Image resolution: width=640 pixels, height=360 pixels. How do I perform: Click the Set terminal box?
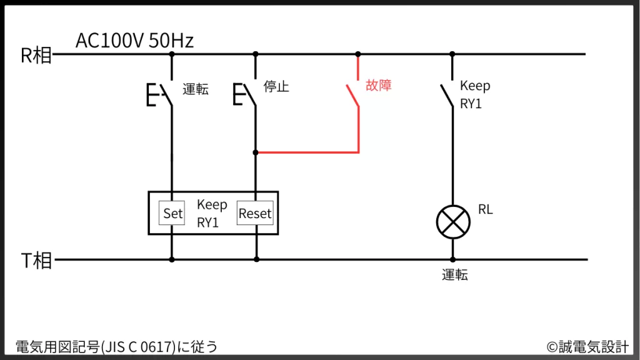172,213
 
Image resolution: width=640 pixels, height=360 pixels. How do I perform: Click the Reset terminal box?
255,213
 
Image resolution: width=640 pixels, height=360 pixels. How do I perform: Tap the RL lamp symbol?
452,222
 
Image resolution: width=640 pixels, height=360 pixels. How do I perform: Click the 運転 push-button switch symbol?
161,96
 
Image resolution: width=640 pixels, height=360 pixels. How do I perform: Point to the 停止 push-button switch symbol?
246,96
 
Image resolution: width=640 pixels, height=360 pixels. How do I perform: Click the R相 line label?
36,56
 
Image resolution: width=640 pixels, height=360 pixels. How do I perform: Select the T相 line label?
36,261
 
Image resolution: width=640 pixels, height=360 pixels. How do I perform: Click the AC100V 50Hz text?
134,41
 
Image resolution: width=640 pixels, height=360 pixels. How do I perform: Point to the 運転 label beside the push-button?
196,89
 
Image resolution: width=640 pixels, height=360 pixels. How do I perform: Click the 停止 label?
276,86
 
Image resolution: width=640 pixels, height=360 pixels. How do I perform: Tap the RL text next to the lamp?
486,210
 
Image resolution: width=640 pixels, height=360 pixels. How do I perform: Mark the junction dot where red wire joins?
255,152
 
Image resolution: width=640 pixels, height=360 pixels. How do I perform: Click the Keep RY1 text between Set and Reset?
212,213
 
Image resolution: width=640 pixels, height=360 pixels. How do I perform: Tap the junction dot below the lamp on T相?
452,259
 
